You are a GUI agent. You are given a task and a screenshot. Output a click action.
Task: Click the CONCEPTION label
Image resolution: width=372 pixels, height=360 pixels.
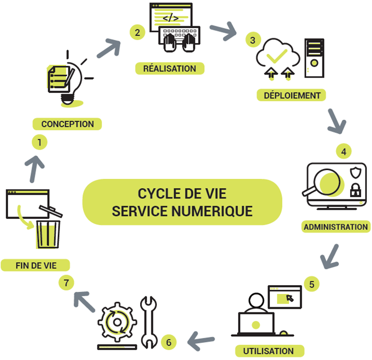point(67,124)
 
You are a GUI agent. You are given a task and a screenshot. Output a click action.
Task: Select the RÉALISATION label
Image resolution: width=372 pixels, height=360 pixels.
point(169,68)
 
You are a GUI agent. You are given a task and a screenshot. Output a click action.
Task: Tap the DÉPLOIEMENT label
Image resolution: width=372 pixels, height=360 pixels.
point(292,95)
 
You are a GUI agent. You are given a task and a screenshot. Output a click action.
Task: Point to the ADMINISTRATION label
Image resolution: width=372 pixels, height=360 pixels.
point(336,226)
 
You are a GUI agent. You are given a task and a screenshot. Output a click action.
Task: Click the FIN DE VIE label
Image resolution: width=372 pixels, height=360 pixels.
point(35,265)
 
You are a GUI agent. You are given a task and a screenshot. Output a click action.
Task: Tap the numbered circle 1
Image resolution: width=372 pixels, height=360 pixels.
point(39,142)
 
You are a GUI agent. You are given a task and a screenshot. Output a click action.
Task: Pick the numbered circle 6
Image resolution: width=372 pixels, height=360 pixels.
point(169,342)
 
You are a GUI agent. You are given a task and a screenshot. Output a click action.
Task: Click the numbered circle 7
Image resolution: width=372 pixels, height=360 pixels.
point(67,283)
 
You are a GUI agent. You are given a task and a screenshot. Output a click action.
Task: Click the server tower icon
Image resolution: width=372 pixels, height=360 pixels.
point(314,57)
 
